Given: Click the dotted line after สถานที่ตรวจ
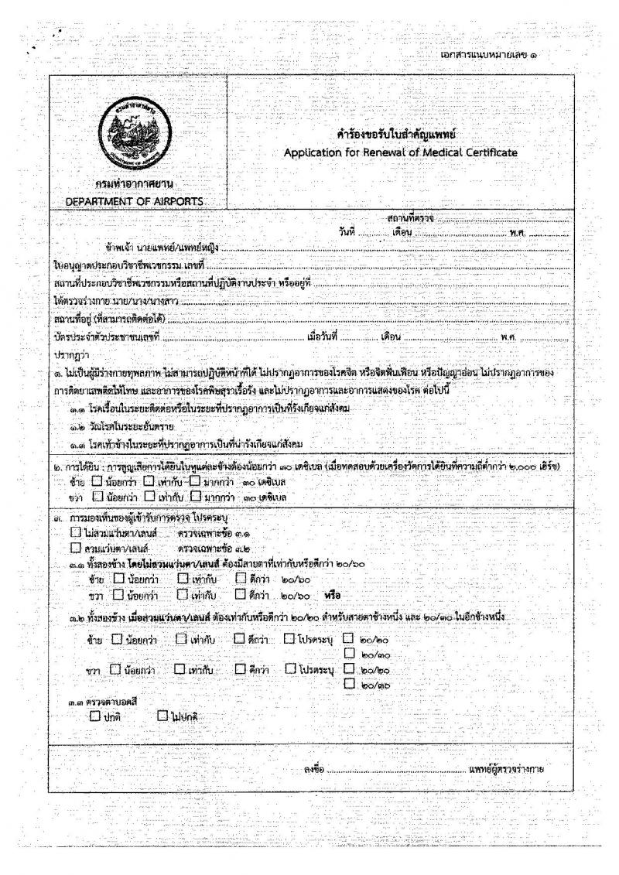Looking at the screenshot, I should click(x=503, y=220).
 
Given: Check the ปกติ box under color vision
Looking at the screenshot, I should click(x=94, y=716).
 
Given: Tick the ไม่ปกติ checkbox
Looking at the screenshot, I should click(x=162, y=716).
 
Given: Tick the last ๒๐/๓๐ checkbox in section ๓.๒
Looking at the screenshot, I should click(x=349, y=682).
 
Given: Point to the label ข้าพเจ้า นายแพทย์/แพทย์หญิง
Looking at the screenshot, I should click(x=162, y=248).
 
